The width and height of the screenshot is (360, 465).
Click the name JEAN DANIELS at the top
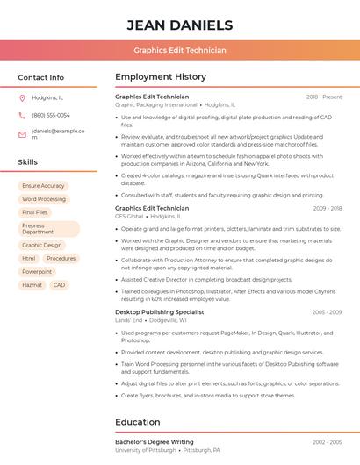(x=180, y=25)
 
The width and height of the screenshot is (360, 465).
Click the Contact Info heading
(x=41, y=77)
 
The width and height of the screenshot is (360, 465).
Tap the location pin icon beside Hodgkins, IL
(x=22, y=98)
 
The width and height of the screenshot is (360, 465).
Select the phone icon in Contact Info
(x=22, y=115)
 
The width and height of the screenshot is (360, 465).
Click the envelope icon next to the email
(x=22, y=134)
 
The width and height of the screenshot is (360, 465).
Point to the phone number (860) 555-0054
(x=51, y=115)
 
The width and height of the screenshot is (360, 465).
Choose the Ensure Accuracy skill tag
(x=43, y=186)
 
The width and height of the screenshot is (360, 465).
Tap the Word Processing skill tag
(x=44, y=199)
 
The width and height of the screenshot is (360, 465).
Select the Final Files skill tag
(x=35, y=212)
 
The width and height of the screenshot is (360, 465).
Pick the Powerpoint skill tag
(x=37, y=272)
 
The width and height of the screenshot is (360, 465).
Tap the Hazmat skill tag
(x=32, y=285)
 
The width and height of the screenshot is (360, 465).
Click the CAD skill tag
(x=59, y=285)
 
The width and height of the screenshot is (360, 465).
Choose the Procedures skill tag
(x=61, y=259)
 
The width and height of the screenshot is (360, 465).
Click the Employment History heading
(x=161, y=77)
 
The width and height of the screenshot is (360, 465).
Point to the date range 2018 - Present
(x=324, y=97)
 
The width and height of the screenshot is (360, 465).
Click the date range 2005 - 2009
(x=327, y=311)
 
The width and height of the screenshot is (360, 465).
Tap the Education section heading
(x=139, y=422)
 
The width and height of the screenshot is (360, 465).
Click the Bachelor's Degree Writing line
(x=155, y=442)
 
